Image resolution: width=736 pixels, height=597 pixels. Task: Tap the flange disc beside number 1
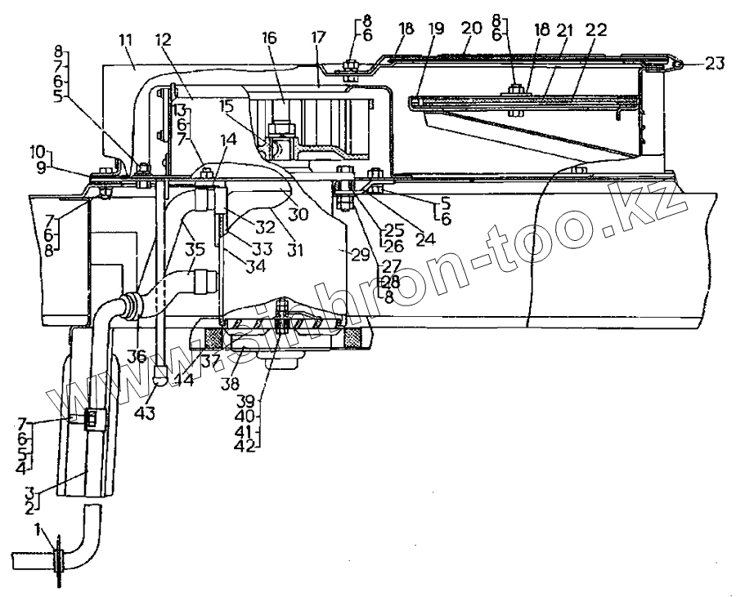coord(60,561)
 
